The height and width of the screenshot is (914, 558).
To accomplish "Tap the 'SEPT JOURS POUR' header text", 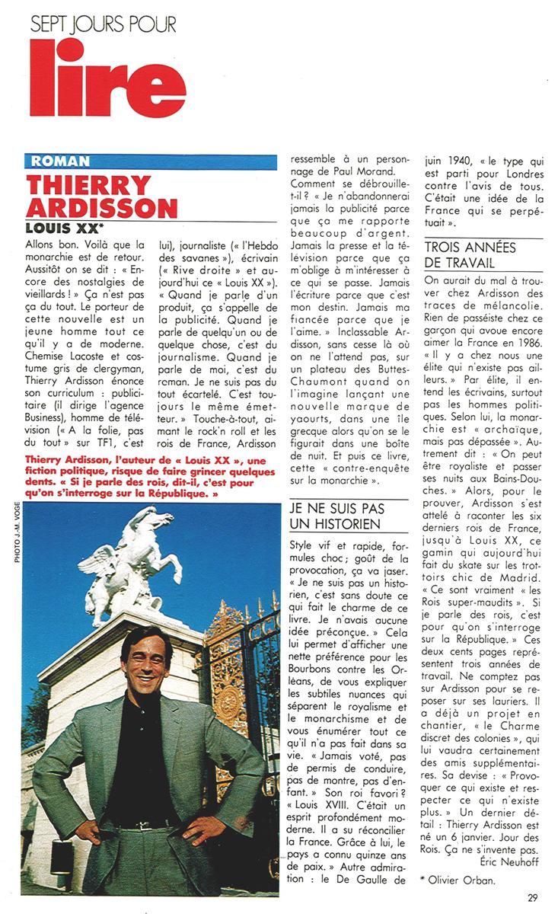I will pyautogui.click(x=104, y=25).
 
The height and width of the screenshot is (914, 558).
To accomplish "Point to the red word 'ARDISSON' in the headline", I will pyautogui.click(x=101, y=208).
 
